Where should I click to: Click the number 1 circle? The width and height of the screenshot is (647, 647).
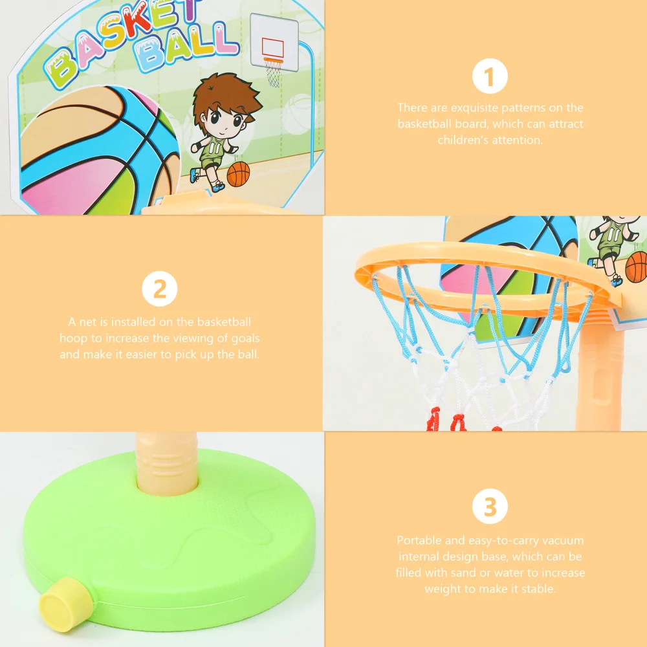[x=490, y=77]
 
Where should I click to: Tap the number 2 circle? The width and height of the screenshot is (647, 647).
[x=159, y=289]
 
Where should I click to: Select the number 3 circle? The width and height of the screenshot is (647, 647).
[x=490, y=507]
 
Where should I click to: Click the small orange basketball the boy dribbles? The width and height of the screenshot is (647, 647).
[x=238, y=174]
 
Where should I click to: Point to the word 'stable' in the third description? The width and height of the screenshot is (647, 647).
[x=538, y=589]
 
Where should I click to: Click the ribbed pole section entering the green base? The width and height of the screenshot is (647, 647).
[x=166, y=463]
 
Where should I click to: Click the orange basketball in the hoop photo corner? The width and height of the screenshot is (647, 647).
[x=637, y=267]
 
